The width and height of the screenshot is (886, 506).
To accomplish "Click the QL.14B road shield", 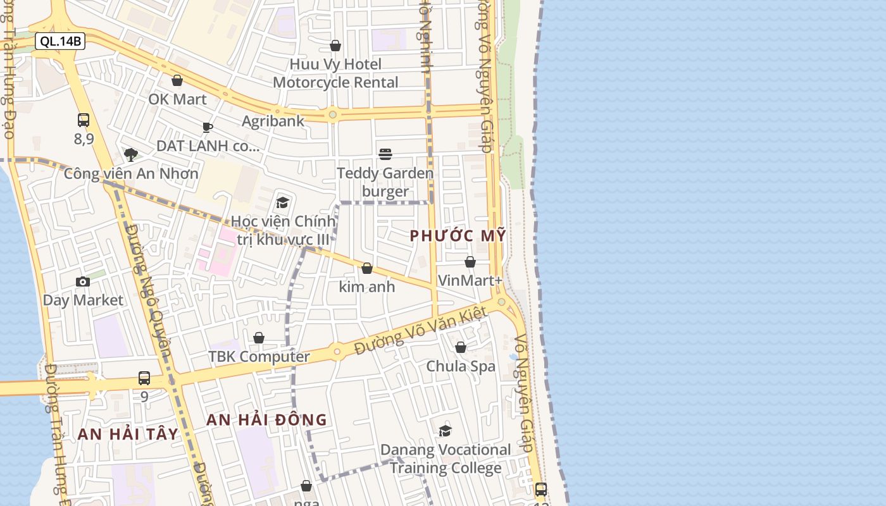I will tap(59, 42).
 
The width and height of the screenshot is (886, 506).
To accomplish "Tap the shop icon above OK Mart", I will tap(177, 80).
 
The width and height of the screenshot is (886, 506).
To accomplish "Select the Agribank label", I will tap(273, 121).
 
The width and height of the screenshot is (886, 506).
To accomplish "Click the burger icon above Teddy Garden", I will tap(385, 154).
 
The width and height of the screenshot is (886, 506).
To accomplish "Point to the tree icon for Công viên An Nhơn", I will tap(131, 155).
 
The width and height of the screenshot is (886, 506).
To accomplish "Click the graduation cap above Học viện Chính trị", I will tap(282, 202).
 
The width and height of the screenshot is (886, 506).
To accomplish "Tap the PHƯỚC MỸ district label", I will tap(458, 236).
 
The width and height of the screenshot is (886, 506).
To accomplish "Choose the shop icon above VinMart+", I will tap(470, 262).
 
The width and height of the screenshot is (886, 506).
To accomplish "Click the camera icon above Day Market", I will tap(83, 281).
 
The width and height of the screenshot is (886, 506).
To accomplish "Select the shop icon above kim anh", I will tap(367, 268).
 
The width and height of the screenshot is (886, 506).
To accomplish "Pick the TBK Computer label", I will tap(259, 357).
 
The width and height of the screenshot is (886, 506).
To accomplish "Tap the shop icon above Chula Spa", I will tap(461, 347).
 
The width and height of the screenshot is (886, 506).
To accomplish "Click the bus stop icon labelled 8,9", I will tap(84, 120).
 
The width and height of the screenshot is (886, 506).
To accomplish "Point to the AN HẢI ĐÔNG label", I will tap(266, 419).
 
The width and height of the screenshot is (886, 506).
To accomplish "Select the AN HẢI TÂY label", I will tap(128, 435).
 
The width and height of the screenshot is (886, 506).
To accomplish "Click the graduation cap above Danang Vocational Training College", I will tap(446, 431).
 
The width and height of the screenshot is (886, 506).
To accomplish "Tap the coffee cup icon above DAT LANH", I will tap(208, 127).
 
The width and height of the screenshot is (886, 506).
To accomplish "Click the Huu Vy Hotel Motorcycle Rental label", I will tap(335, 73).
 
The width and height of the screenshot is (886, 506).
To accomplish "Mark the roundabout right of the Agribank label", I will tap(332, 114).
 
